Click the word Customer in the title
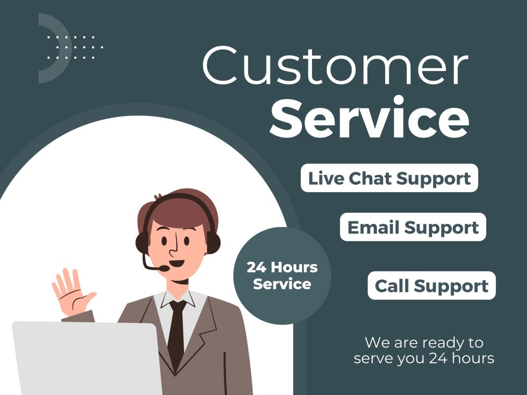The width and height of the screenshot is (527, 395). point(335,67)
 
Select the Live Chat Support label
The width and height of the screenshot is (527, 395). point(389,178)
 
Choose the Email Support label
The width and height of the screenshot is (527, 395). point(413,228)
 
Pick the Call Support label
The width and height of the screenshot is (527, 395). point(432,286)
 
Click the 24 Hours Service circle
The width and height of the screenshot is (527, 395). point(282,275)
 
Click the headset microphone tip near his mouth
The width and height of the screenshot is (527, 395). point(165,269)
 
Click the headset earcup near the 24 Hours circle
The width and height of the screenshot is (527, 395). point(213,242)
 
